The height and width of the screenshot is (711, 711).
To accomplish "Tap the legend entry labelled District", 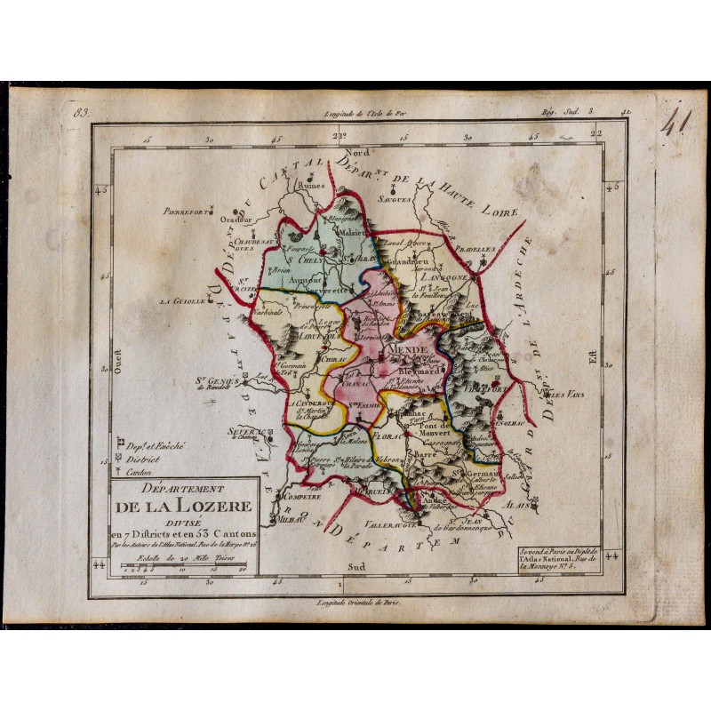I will [148, 460].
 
